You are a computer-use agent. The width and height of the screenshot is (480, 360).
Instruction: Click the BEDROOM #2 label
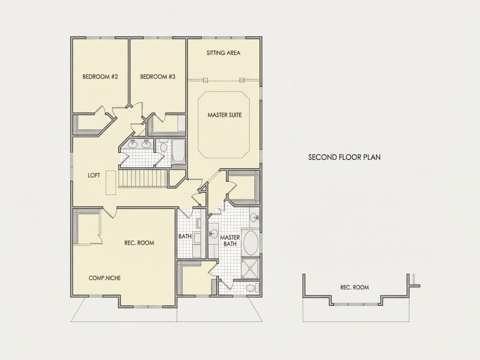[100, 76]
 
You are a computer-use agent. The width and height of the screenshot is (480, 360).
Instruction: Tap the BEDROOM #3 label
[158, 76]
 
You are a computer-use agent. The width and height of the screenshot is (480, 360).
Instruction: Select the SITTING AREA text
[223, 53]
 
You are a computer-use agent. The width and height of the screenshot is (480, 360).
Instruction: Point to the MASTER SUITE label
[225, 115]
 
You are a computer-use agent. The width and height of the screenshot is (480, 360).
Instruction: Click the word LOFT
[94, 175]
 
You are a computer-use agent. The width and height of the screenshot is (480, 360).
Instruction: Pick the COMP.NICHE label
[105, 278]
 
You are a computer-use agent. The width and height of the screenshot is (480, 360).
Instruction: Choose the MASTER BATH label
[230, 240]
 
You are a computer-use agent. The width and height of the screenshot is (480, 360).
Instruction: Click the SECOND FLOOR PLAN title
[344, 158]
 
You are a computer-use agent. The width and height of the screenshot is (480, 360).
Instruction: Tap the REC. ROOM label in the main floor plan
[139, 243]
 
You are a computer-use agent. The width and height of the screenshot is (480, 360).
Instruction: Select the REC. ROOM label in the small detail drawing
[354, 288]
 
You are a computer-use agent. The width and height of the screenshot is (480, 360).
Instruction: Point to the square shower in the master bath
[251, 269]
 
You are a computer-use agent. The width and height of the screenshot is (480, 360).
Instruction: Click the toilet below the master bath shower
[252, 288]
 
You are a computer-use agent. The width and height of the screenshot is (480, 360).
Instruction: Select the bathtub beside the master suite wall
[178, 151]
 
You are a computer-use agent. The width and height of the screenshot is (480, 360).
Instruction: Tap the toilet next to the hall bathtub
[163, 146]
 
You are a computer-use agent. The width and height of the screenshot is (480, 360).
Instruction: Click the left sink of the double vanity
[133, 144]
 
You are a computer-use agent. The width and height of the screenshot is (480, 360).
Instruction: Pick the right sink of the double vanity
[146, 144]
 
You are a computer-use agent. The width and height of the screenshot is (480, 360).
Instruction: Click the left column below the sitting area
[205, 80]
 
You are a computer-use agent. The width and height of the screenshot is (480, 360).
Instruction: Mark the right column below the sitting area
[242, 80]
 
